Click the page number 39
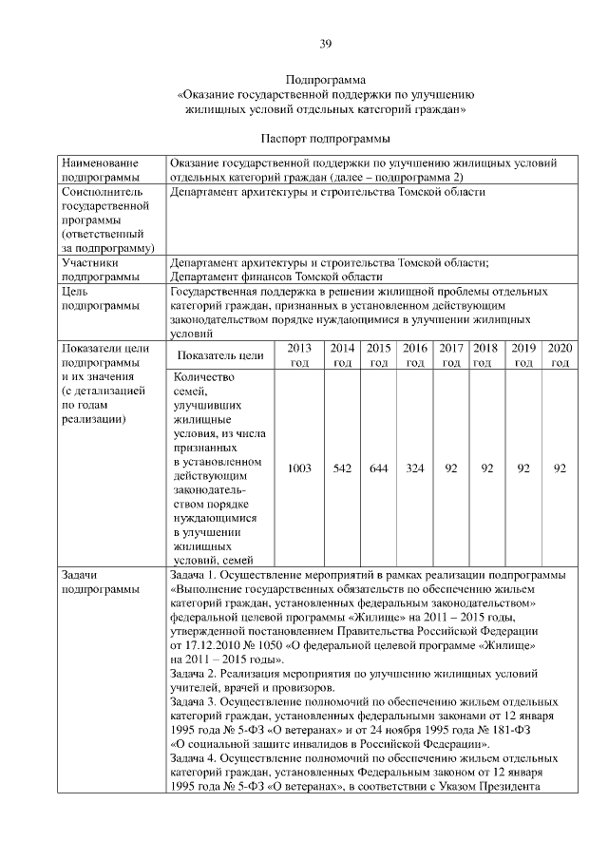(326, 43)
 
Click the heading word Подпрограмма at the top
(326, 81)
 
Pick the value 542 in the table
(343, 468)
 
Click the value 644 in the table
(379, 468)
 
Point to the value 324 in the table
(415, 468)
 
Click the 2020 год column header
(560, 355)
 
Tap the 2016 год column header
(415, 355)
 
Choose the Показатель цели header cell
(220, 355)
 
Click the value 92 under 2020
(560, 468)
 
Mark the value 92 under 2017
(451, 468)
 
